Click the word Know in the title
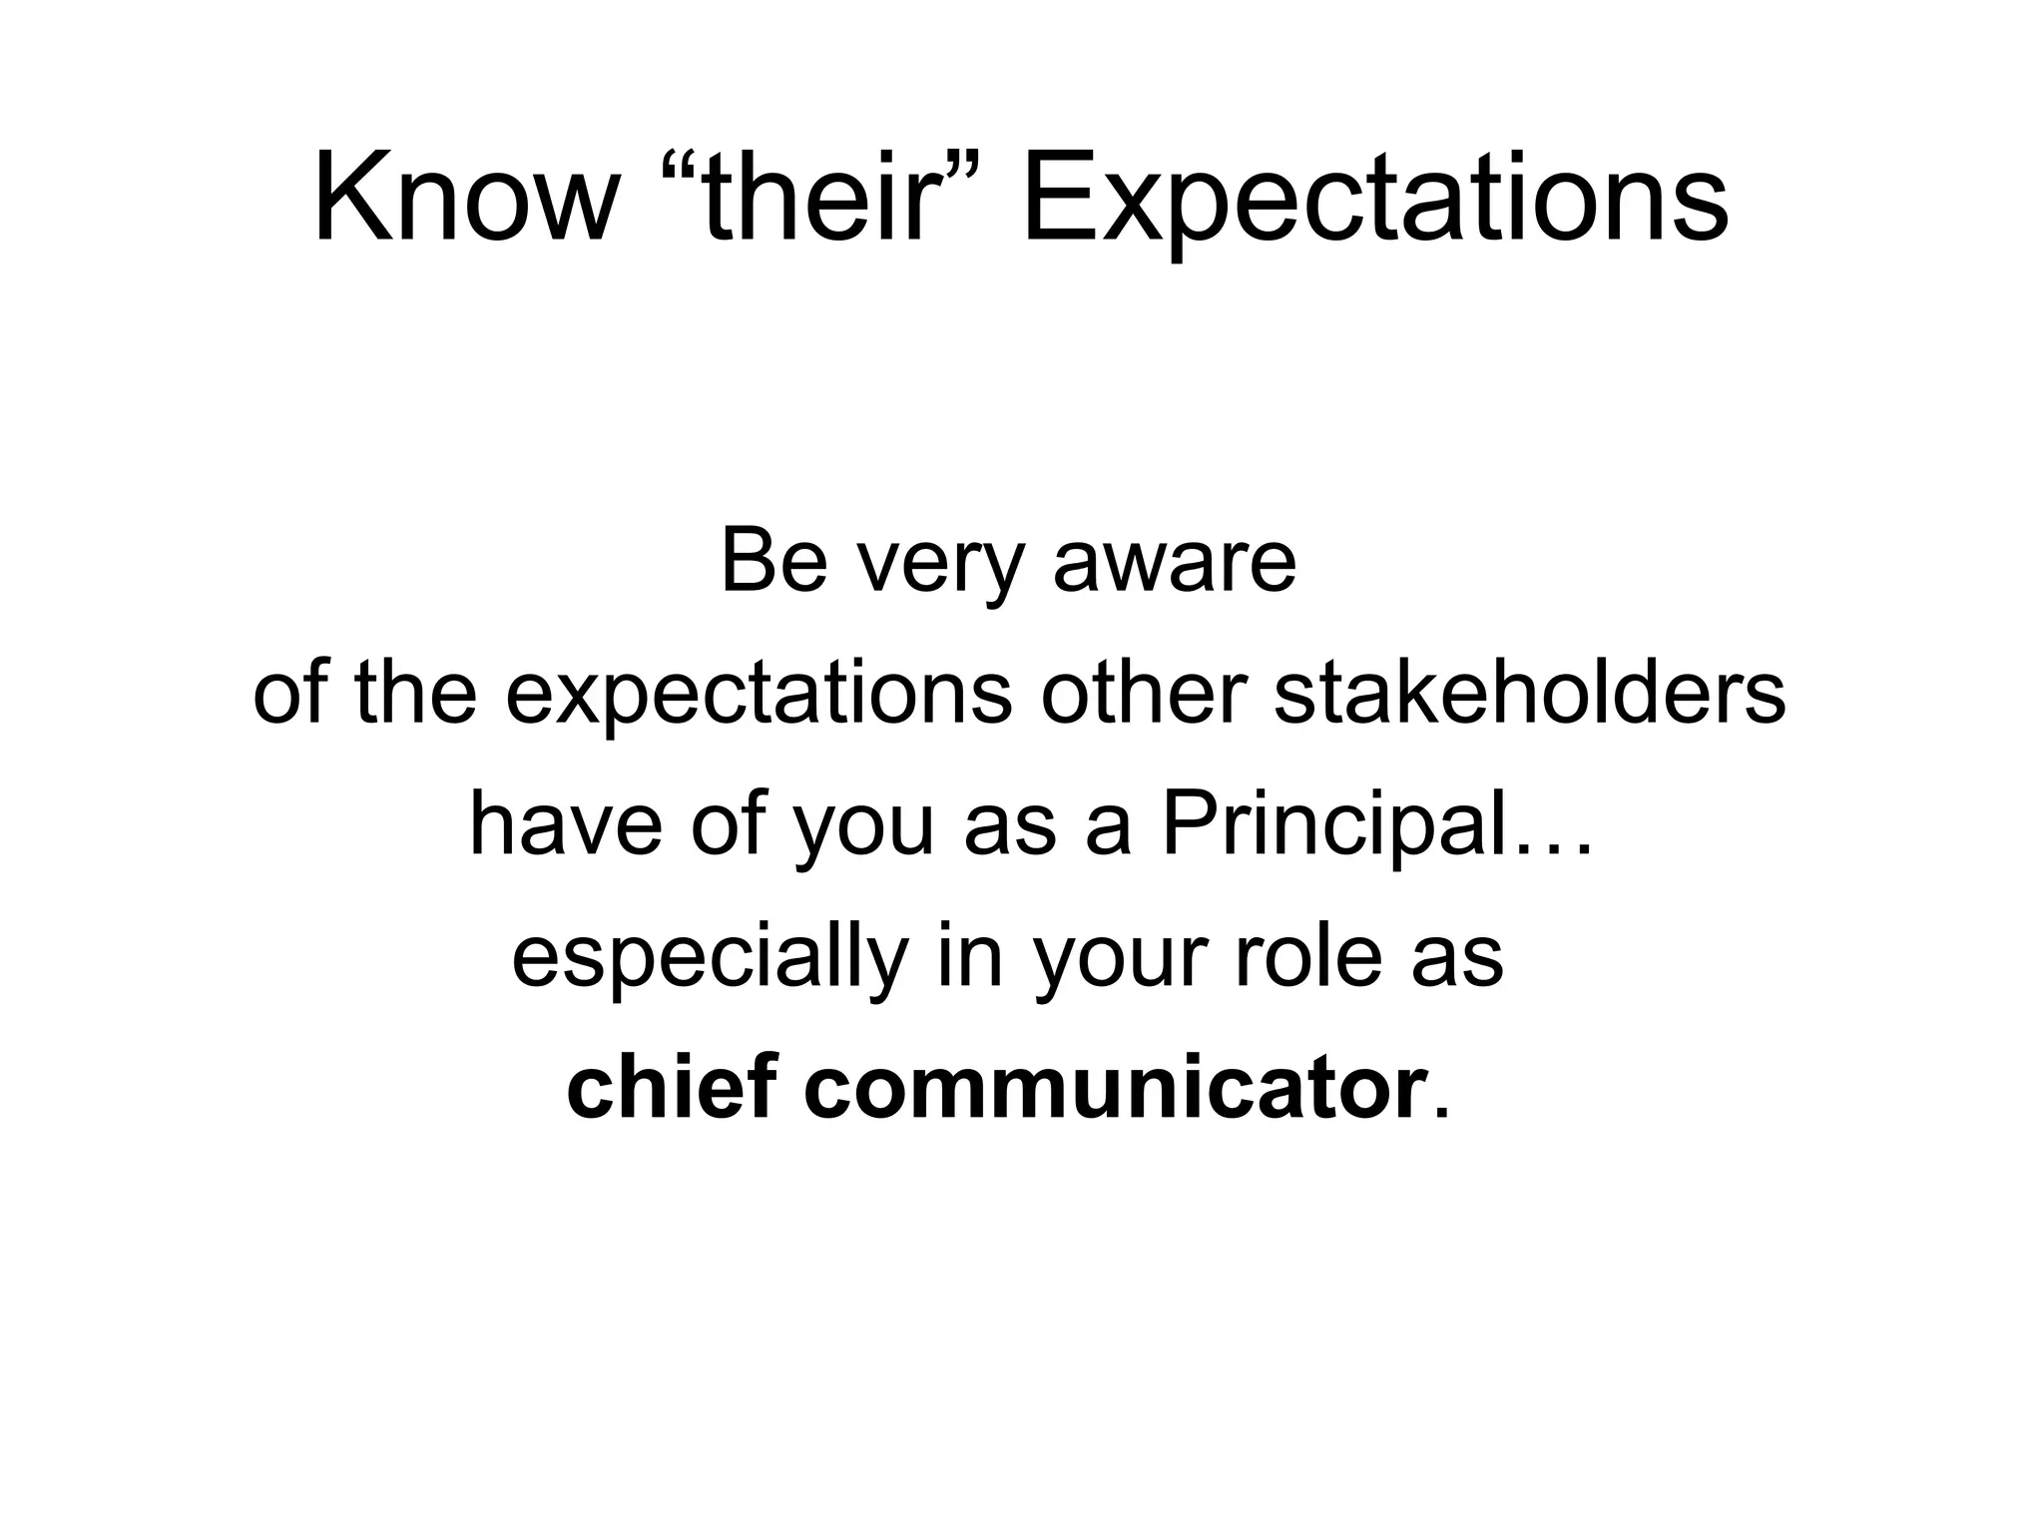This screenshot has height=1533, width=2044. [x=464, y=200]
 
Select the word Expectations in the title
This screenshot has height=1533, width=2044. [x=1374, y=205]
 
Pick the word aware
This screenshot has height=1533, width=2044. [x=1175, y=564]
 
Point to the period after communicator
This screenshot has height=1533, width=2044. [x=1438, y=1115]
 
